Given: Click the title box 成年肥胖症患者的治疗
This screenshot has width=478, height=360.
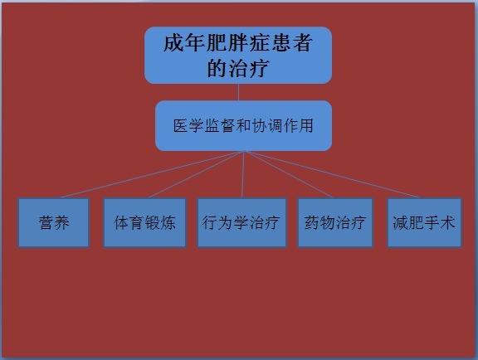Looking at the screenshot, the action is (238, 56).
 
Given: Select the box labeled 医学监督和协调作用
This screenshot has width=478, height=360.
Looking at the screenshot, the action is (244, 125).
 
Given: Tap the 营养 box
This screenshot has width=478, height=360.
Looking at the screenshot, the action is (54, 222).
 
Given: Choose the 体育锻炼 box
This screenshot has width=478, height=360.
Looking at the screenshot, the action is (144, 222).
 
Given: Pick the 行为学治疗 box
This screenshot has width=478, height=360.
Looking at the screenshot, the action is (242, 222).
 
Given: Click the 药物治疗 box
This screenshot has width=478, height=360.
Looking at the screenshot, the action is (335, 222).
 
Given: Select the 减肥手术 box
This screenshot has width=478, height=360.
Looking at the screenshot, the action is (424, 222).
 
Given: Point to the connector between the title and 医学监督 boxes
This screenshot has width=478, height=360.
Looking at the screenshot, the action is (238, 92).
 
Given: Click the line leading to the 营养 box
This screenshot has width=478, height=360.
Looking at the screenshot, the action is (152, 174).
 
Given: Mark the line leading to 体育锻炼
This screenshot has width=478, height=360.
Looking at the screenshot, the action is (197, 174).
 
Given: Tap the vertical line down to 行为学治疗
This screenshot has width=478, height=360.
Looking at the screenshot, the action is (243, 174).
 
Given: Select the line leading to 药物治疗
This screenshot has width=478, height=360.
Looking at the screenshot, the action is (288, 174).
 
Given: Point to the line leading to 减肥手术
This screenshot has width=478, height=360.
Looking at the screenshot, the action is (332, 174).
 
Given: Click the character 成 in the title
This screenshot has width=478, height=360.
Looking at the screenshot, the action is (173, 43).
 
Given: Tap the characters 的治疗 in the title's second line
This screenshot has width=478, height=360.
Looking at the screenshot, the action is (238, 68).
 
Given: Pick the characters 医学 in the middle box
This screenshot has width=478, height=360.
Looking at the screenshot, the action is (188, 125).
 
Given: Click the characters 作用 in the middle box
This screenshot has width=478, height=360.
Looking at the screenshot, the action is (298, 125).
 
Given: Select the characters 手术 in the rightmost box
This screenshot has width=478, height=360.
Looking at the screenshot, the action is (440, 222).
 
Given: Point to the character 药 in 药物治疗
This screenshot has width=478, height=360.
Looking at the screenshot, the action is (312, 222).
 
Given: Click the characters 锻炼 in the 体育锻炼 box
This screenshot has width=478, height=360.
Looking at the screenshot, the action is (160, 222).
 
